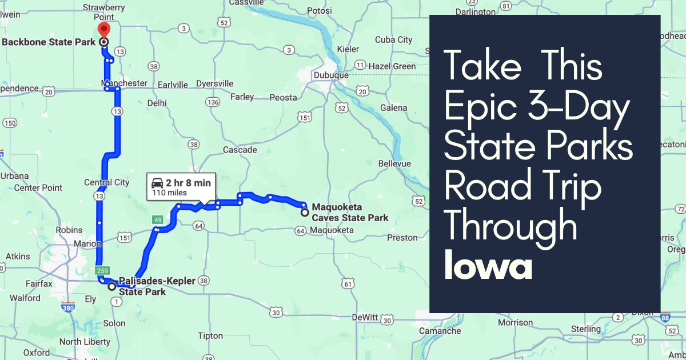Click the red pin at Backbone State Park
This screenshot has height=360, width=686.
coord(103,30)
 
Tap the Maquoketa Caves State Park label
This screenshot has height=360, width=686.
coord(350,212)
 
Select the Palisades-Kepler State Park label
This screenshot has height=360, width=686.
coord(157,286)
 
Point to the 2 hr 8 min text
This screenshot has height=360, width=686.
coord(188,183)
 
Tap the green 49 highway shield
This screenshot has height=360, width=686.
coord(158,220)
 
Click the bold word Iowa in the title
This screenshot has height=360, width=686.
coord(488,266)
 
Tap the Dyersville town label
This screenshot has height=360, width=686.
coord(214,83)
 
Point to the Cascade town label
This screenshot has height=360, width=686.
coord(240,150)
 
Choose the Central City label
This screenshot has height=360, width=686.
coord(106,182)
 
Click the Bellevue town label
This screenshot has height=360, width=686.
coord(394,163)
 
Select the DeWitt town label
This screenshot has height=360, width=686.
coord(365,317)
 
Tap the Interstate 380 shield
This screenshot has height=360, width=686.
coord(69,307)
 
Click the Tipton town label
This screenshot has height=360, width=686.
coord(210,335)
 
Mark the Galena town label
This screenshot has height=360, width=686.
coord(394,107)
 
